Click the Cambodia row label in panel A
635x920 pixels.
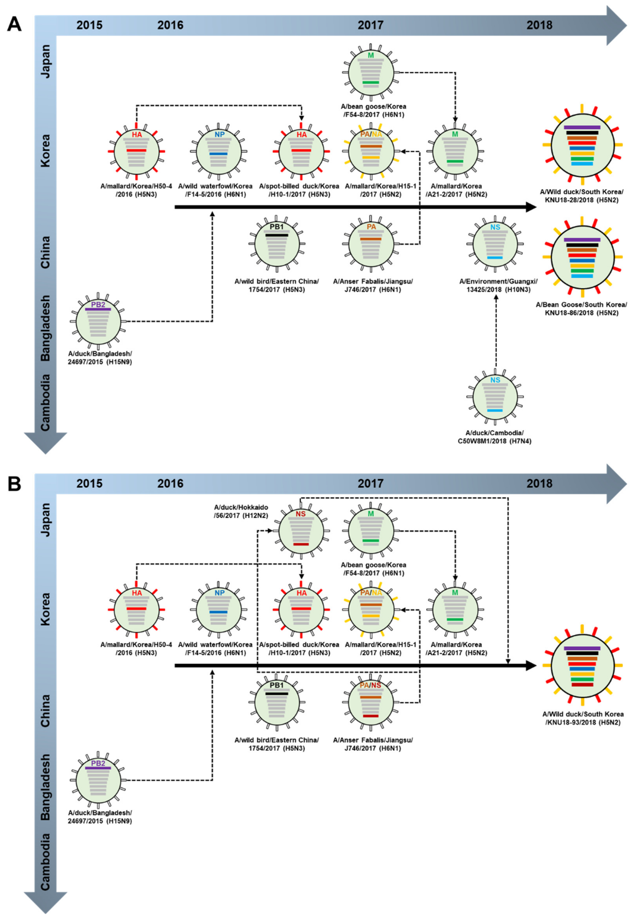[x=46, y=402]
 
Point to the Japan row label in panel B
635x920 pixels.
[x=46, y=519]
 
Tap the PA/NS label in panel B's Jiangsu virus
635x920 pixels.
[x=370, y=685]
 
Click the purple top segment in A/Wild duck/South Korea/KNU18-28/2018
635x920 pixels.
[x=582, y=127]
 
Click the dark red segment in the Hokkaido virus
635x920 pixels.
[x=301, y=544]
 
